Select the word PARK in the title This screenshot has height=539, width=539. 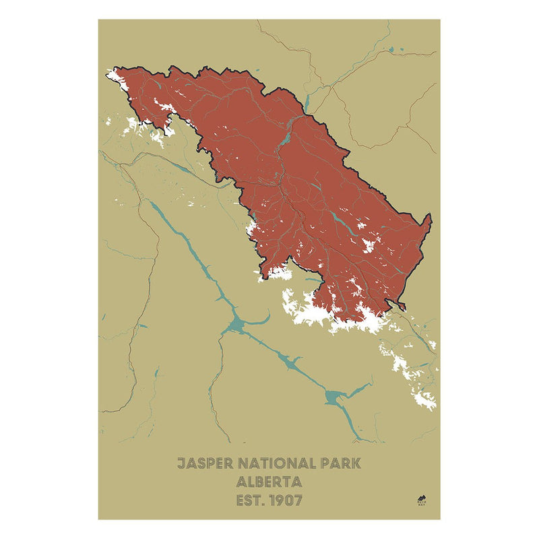[342, 464]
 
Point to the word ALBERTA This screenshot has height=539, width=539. [269, 482]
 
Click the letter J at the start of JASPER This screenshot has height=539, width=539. [181, 464]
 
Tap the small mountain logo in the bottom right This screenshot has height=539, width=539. [422, 499]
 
